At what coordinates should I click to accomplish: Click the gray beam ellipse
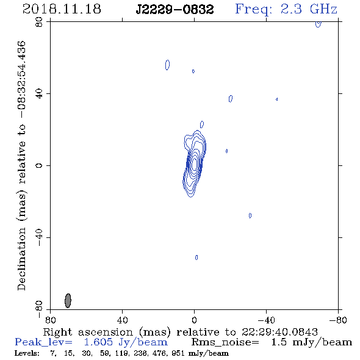click(x=68, y=301)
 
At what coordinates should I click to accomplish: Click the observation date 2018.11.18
click(x=62, y=9)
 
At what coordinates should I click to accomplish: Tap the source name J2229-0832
click(x=175, y=10)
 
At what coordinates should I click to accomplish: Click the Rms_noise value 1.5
click(x=279, y=342)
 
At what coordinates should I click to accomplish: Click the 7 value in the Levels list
click(x=53, y=353)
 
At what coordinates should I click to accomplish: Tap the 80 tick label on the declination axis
click(x=39, y=22)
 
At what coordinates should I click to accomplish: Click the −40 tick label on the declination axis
click(x=39, y=237)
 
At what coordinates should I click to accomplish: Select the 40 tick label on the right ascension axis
click(x=122, y=320)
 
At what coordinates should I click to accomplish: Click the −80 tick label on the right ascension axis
click(x=338, y=320)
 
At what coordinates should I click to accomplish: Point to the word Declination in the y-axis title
click(x=21, y=259)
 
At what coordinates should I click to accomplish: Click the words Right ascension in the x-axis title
click(x=88, y=332)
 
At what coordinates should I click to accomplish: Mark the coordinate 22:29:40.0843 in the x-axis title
click(x=279, y=332)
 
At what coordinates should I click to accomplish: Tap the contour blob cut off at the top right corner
click(x=319, y=24)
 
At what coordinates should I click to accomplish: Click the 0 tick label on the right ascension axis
click(x=194, y=320)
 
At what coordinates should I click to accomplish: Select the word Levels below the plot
click(x=27, y=353)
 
